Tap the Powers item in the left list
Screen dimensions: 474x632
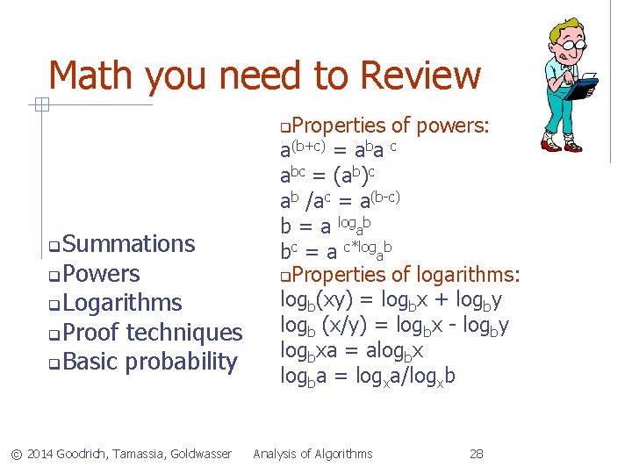(x=101, y=274)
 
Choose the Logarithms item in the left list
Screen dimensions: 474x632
(x=122, y=304)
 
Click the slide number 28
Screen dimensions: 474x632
(x=477, y=454)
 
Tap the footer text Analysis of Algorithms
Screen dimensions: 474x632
(x=312, y=454)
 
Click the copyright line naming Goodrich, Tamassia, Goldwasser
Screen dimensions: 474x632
(x=121, y=454)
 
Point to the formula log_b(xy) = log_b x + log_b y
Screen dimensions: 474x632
(x=391, y=301)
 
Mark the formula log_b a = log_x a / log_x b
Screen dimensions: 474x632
(x=367, y=377)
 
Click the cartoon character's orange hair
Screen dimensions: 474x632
(x=568, y=26)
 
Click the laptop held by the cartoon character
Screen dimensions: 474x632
(x=580, y=88)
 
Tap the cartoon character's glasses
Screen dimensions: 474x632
(x=572, y=43)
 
